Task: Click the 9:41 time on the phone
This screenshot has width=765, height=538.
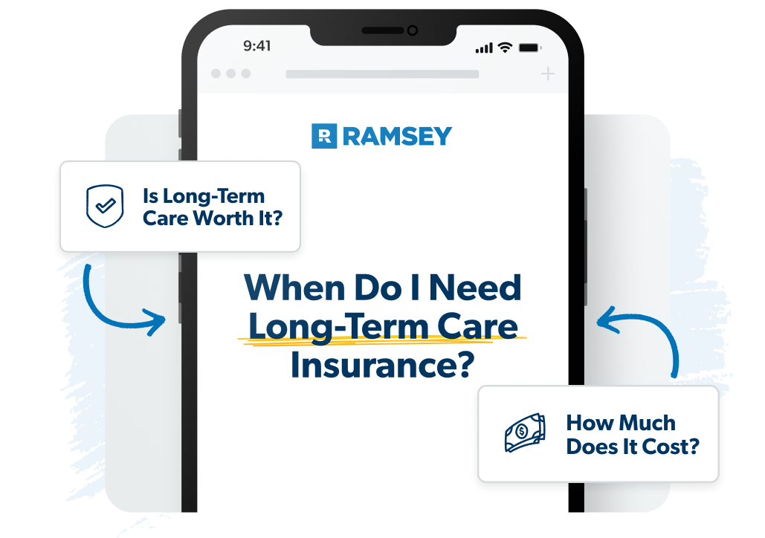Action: pyautogui.click(x=256, y=46)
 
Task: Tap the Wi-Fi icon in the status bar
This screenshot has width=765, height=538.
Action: pyautogui.click(x=506, y=47)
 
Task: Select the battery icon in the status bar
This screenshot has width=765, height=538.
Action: pyautogui.click(x=529, y=47)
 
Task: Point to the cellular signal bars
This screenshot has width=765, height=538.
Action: pyautogui.click(x=484, y=48)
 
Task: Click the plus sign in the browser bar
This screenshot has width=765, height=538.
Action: pyautogui.click(x=548, y=74)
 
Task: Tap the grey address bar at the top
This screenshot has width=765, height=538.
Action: pyautogui.click(x=382, y=74)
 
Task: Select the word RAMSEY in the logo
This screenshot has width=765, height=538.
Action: pyautogui.click(x=397, y=136)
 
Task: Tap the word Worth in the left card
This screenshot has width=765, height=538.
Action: pyautogui.click(x=229, y=218)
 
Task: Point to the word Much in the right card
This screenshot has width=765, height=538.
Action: pyautogui.click(x=647, y=423)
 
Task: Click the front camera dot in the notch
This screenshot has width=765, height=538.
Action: pyautogui.click(x=412, y=30)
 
